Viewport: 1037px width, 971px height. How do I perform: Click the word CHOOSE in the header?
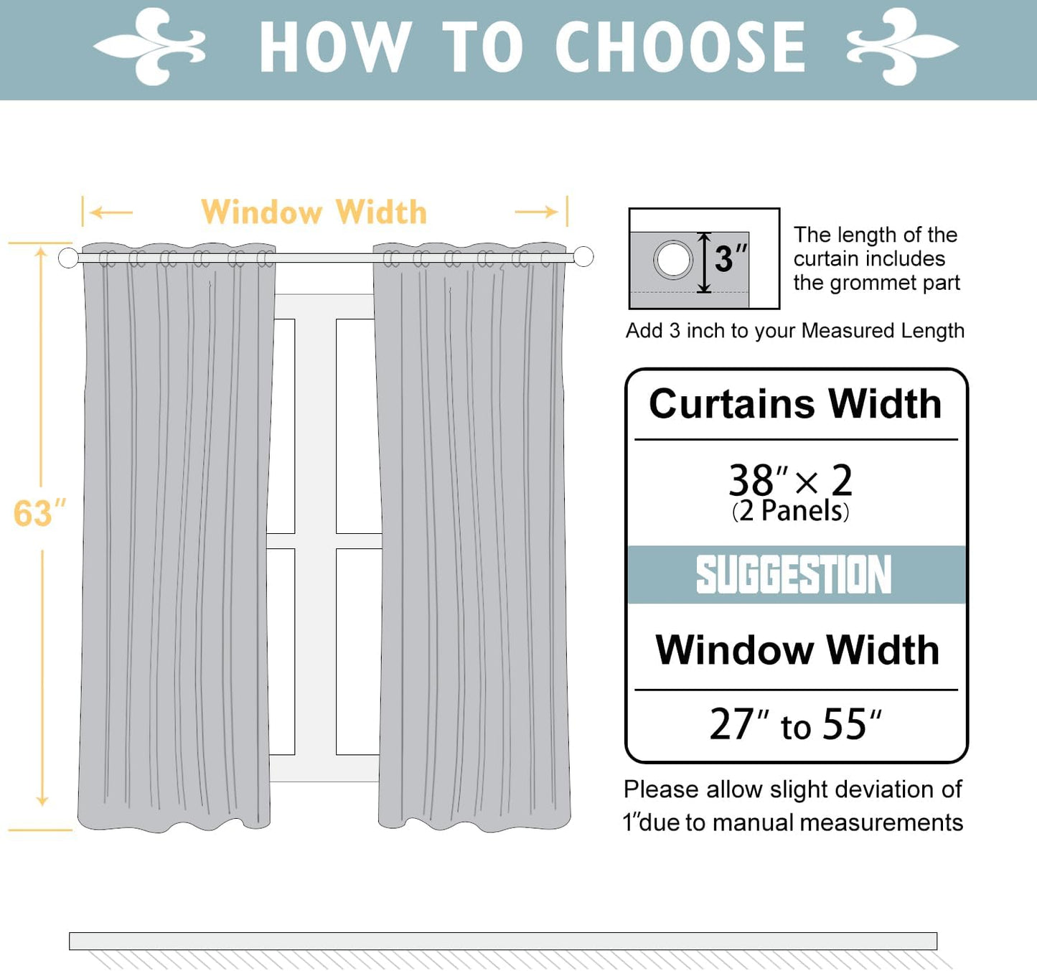(x=680, y=47)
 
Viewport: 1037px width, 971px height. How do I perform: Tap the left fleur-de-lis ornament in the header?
(x=150, y=47)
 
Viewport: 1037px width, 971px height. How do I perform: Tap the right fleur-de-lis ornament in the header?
(x=902, y=47)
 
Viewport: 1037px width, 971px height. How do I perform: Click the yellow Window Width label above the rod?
(x=314, y=212)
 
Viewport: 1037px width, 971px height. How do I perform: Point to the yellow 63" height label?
(x=39, y=514)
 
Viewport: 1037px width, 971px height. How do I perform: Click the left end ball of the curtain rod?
(x=68, y=258)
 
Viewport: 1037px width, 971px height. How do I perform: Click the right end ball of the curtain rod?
(x=583, y=256)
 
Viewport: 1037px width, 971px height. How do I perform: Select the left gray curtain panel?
(x=176, y=538)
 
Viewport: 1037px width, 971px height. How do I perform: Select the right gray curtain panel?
(x=472, y=538)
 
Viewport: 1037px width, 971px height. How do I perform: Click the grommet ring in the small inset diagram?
(x=673, y=259)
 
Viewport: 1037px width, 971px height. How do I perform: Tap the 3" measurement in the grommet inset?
(x=730, y=259)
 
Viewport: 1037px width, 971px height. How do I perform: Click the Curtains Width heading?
(x=795, y=404)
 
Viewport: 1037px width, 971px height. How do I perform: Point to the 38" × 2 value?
(x=790, y=479)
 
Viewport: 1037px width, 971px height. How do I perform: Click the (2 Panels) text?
(x=790, y=512)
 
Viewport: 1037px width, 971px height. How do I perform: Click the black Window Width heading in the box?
(x=797, y=650)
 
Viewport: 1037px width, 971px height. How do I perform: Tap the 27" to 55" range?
(x=795, y=724)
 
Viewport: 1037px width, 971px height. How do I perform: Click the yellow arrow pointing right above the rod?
(x=536, y=212)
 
